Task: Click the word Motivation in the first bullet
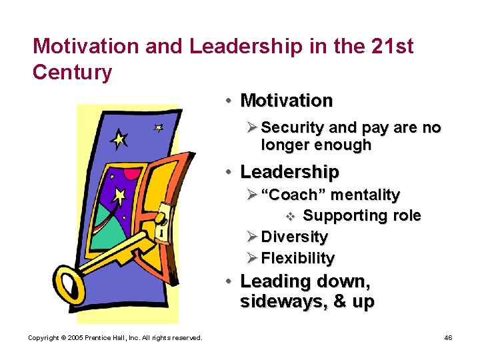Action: point(286,101)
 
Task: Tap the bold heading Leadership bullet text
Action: point(289,172)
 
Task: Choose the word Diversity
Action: point(294,237)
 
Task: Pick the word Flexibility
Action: point(297,258)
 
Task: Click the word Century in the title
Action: point(72,72)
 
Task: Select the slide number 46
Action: point(449,338)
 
